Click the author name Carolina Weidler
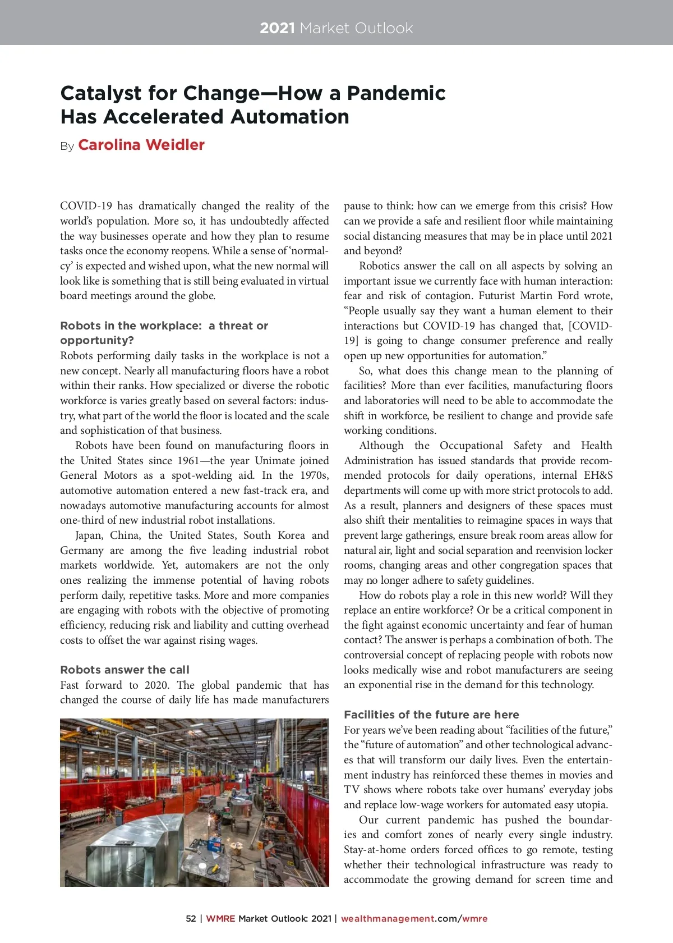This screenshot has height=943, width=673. pyautogui.click(x=141, y=145)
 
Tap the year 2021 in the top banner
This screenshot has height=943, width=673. pyautogui.click(x=277, y=28)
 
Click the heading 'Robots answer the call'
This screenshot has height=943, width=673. pyautogui.click(x=125, y=670)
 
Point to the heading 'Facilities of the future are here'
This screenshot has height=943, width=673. pyautogui.click(x=431, y=715)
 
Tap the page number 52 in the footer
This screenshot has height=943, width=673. pyautogui.click(x=191, y=918)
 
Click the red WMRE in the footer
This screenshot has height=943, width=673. pyautogui.click(x=220, y=918)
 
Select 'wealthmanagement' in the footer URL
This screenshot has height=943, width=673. pyautogui.click(x=388, y=918)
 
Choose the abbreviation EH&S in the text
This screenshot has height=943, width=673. pyautogui.click(x=598, y=475)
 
